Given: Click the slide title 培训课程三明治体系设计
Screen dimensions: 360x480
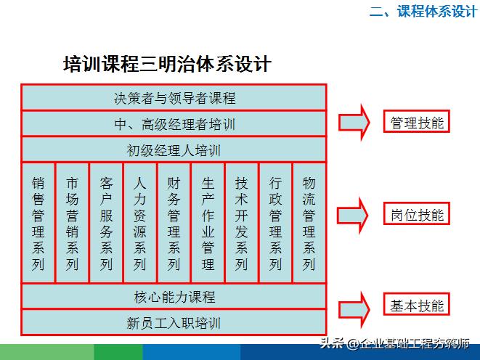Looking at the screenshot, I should point(167,64).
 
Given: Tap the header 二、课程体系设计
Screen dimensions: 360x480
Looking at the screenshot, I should point(423,12).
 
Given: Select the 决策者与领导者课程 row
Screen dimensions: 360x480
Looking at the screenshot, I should point(174,98).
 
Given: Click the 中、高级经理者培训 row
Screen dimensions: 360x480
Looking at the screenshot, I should point(174,124).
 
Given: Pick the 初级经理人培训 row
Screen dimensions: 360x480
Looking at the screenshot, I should point(174,150).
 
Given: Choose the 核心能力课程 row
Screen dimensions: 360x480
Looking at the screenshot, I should point(174,297).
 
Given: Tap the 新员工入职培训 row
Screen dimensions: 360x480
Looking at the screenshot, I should point(174,322).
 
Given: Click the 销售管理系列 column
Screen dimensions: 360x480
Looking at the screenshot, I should point(38,223).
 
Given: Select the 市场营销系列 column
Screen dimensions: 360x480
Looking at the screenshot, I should point(72,223).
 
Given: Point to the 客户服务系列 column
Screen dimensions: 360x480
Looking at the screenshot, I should point(106,223).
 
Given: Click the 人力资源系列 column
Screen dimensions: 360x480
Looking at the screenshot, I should point(140,223).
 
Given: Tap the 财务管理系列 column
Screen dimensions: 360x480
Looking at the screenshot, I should point(174,223).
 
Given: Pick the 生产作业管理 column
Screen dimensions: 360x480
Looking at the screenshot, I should point(208,223).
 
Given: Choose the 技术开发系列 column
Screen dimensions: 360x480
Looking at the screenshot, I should point(242,223).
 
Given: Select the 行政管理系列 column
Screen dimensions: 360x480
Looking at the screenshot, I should point(275,223).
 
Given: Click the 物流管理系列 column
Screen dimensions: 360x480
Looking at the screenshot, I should point(309,223).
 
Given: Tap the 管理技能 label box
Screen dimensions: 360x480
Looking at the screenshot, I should point(417,122).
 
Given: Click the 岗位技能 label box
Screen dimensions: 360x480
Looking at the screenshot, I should point(417,214).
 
